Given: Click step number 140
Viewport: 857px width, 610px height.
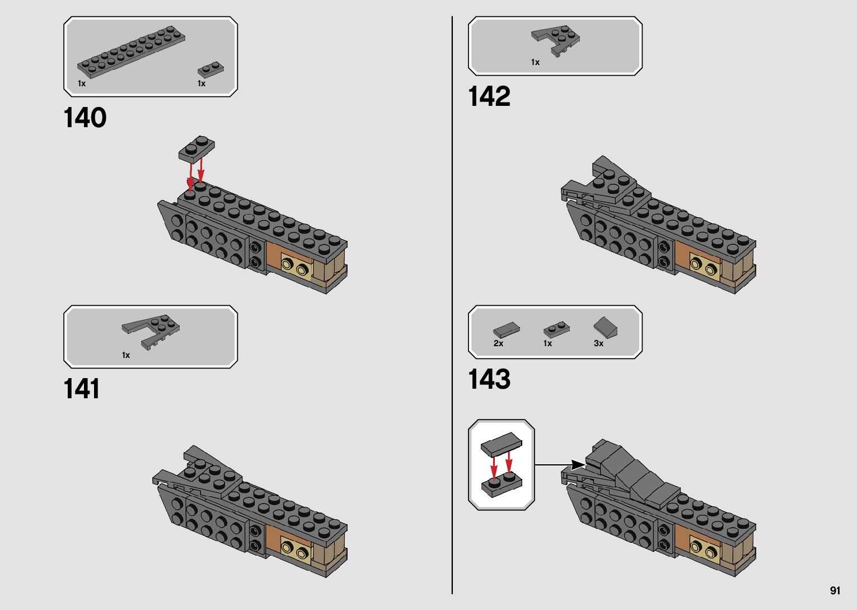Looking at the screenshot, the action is coord(85,118).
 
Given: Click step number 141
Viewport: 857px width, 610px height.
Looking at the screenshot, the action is coord(82,389).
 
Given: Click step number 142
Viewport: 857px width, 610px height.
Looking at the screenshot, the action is coord(489,96).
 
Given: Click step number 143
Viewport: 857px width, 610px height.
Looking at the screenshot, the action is coord(489,379).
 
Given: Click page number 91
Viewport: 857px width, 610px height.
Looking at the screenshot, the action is coord(835,590).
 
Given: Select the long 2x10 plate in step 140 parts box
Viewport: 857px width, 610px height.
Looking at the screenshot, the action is coord(131,51).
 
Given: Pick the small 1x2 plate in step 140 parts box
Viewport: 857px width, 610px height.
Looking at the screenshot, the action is coord(210,69).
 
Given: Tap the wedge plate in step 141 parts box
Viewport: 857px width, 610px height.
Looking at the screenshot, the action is coord(152,330).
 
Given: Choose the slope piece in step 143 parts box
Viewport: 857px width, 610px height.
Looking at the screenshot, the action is coord(606,327).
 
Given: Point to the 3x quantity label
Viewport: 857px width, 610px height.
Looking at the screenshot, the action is coord(598,343).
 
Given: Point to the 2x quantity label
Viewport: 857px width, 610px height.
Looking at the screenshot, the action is coord(498,343).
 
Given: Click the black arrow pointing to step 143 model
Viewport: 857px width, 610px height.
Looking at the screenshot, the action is coord(577,464).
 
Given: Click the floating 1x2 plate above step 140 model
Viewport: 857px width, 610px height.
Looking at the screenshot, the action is coord(196,148).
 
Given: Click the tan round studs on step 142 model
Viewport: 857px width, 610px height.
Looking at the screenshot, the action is coord(705,264).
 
